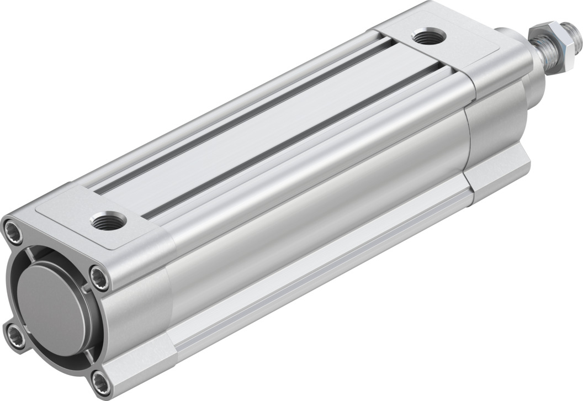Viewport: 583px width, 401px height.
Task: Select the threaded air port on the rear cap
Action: (109, 222)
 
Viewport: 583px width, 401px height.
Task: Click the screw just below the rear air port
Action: (99, 278)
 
